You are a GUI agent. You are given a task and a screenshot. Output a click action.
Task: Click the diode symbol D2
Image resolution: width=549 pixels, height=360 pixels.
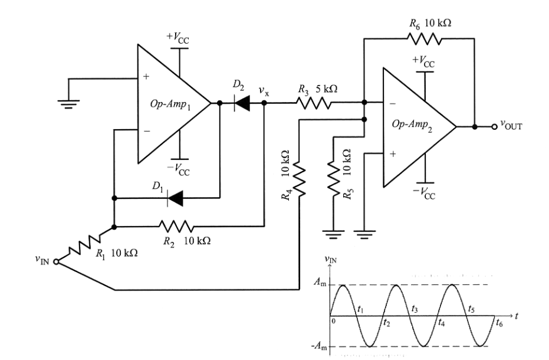coord(241,103)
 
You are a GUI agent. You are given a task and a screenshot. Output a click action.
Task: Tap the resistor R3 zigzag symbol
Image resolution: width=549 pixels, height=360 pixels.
coord(313,103)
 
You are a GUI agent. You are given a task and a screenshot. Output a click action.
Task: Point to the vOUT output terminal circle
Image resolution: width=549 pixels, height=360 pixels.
coord(495,126)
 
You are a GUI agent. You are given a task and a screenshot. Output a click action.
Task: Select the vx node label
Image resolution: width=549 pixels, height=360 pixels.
coord(264,91)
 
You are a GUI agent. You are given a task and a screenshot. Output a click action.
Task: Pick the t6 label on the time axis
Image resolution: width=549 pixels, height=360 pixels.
coord(499,324)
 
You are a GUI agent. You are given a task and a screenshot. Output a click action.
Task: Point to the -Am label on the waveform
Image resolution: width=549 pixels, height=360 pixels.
coord(319,347)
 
